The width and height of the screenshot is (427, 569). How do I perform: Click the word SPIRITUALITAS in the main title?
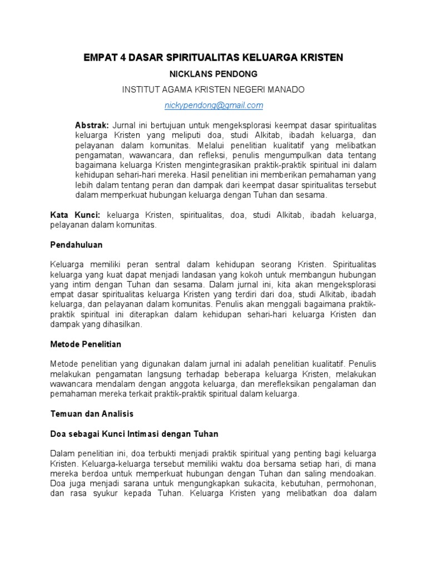click(x=189, y=57)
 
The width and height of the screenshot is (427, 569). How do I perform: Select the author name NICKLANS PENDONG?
click(x=213, y=73)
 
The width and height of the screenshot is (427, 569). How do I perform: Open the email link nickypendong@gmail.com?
click(x=213, y=105)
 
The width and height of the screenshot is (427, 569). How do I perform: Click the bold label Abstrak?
click(x=92, y=126)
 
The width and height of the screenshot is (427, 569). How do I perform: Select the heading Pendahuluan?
click(x=76, y=244)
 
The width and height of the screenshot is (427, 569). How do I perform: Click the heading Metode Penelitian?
click(x=86, y=344)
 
